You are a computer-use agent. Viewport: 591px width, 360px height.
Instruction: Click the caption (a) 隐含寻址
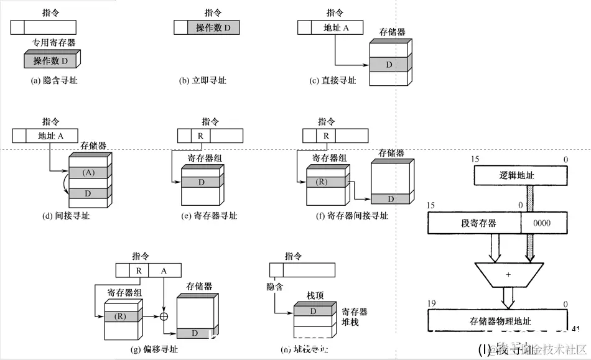(54, 80)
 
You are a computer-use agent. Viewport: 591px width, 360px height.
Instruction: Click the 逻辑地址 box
(521, 176)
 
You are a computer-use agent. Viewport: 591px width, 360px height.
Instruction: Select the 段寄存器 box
(474, 223)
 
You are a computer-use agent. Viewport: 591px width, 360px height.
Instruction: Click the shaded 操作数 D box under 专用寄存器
(50, 61)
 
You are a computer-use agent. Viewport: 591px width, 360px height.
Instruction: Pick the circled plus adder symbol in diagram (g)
(165, 316)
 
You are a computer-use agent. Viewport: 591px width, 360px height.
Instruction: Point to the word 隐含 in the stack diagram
(275, 287)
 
